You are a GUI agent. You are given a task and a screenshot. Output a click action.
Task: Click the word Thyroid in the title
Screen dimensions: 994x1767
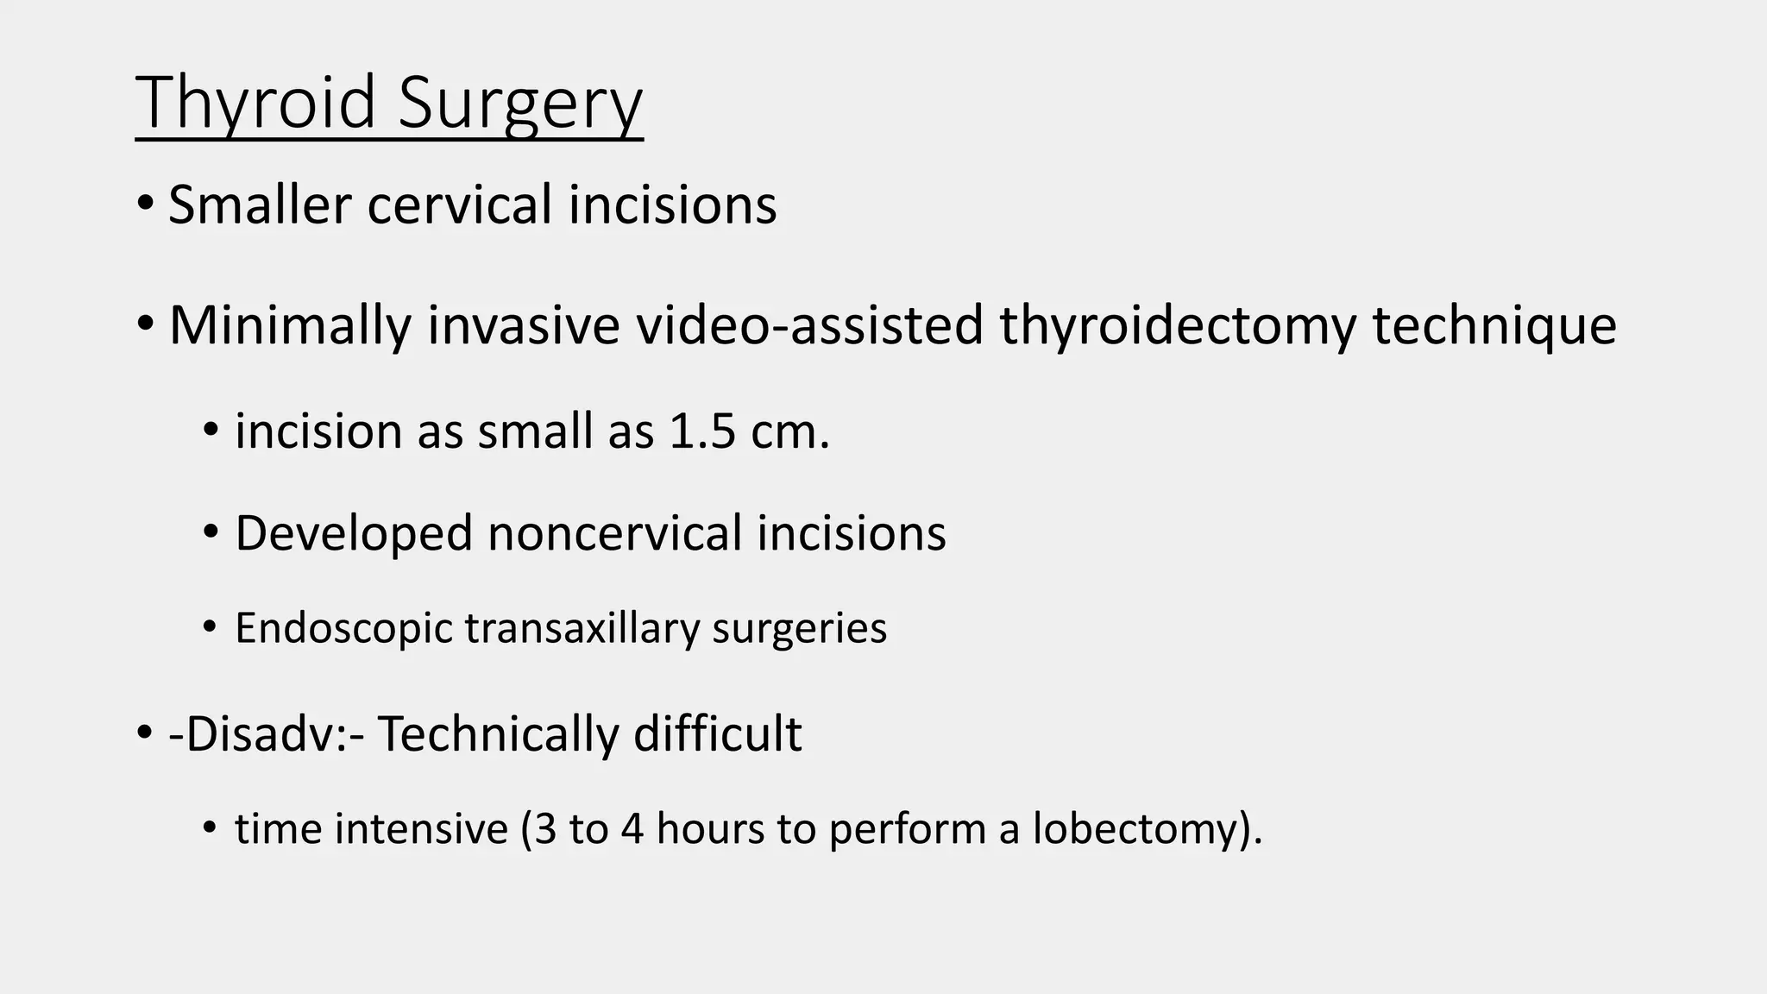coord(256,104)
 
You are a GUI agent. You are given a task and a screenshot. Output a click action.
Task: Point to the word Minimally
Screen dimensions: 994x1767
coord(289,325)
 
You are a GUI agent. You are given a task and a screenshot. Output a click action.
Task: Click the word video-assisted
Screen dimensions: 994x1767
coord(810,325)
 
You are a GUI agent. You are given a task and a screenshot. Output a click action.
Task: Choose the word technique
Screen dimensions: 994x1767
coord(1494,325)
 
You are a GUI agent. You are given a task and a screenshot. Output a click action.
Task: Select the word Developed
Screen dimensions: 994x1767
coord(354,532)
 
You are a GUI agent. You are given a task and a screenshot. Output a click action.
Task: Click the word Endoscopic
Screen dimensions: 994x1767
coord(343,628)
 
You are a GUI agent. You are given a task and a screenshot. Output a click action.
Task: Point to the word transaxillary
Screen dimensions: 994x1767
coord(582,628)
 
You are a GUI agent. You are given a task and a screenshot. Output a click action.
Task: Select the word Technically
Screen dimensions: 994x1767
coord(498,734)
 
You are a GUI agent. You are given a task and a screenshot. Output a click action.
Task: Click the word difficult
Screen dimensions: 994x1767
coord(718,734)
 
